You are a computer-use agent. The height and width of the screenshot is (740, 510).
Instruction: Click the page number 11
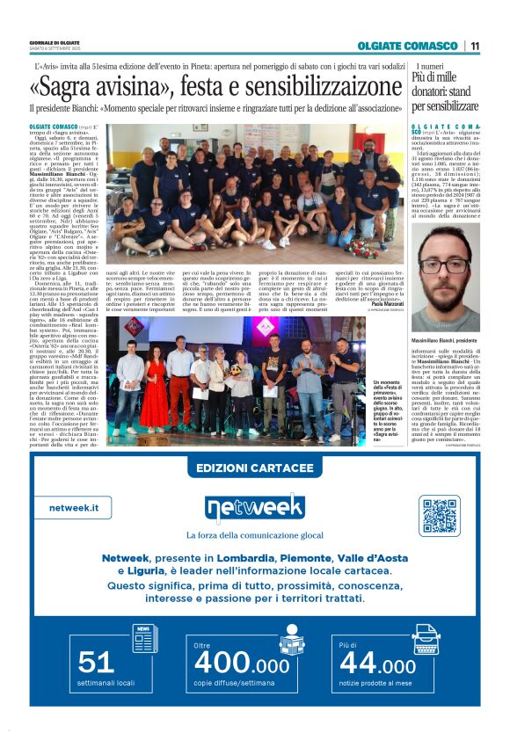pos(475,46)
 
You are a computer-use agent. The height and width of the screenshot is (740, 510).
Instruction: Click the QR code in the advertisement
pos(440,515)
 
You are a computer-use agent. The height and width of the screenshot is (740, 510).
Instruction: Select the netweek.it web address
pos(74,508)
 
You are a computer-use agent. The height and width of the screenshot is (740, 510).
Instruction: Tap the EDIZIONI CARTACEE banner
pos(254,468)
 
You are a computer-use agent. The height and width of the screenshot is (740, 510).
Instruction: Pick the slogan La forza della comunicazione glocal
pos(254,535)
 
